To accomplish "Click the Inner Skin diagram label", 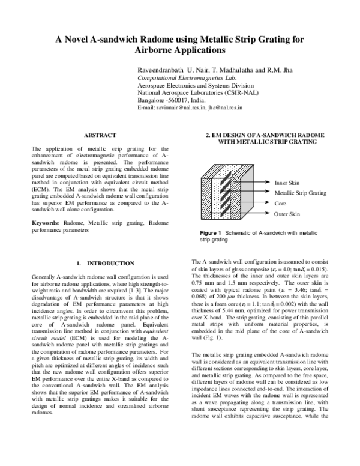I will tap(287, 182).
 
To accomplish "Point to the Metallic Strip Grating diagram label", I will tap(300, 193).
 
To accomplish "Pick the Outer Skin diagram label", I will tap(287, 214).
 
